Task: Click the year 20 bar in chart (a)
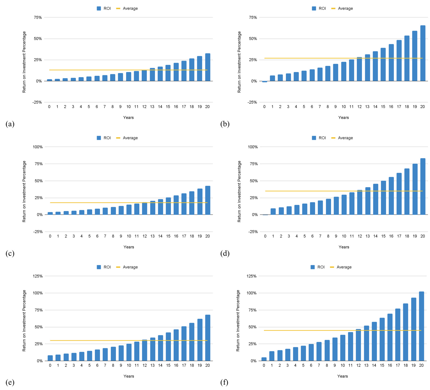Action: [207, 67]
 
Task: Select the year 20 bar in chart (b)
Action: [423, 53]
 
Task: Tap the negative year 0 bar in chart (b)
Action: [264, 82]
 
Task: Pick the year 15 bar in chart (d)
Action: [383, 198]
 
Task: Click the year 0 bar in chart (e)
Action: [50, 358]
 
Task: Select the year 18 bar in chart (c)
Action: [192, 203]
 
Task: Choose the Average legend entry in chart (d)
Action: [342, 138]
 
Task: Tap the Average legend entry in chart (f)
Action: [341, 267]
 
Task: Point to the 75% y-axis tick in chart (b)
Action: [253, 18]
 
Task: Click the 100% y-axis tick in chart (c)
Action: [37, 147]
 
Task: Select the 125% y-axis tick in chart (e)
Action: [37, 276]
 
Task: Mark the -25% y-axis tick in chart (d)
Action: [253, 232]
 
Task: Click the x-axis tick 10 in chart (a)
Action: [128, 107]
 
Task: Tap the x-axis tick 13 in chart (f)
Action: [366, 366]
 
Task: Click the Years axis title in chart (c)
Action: [129, 247]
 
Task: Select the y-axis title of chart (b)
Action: [239, 62]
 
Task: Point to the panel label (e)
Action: [10, 382]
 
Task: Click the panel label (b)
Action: [225, 124]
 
